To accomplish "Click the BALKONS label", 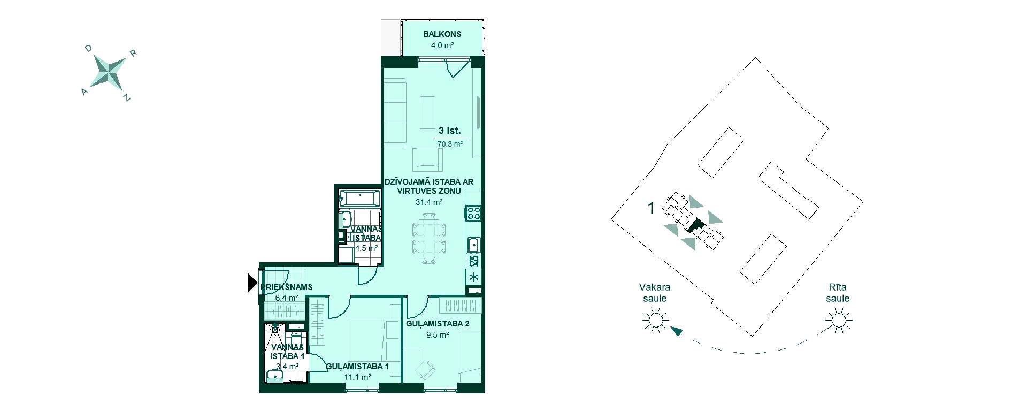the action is (442, 34).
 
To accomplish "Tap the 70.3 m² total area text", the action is (450, 144).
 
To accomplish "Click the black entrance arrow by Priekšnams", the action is (252, 283).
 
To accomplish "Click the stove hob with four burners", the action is (474, 213).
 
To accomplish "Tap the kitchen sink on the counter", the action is (474, 246).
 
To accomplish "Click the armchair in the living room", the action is (428, 159).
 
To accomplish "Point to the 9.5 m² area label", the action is (437, 336).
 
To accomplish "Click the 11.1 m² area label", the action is (358, 377).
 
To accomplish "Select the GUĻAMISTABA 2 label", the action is (438, 324).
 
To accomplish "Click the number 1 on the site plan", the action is (651, 208).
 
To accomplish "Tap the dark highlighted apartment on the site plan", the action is (695, 225).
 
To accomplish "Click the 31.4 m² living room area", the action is (429, 202).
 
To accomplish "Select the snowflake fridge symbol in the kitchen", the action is (474, 277).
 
